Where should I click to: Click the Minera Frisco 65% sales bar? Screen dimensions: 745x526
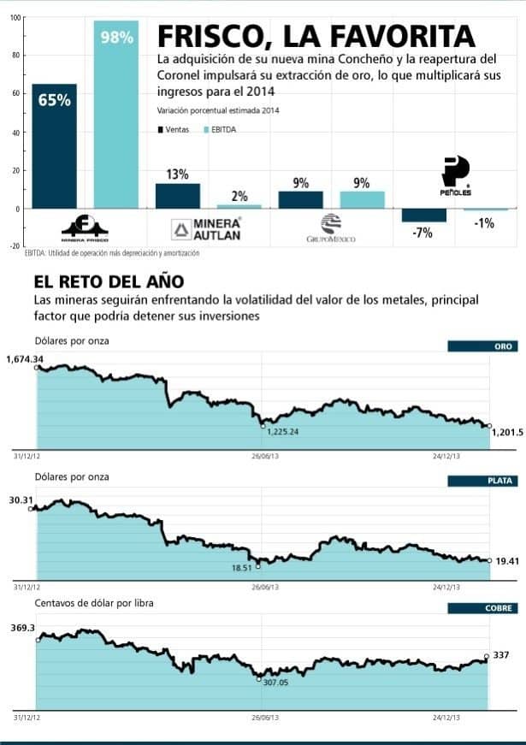pyautogui.click(x=54, y=145)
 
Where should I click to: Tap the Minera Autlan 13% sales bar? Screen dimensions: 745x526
pyautogui.click(x=177, y=196)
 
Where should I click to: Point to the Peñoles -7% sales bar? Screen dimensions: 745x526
pyautogui.click(x=423, y=216)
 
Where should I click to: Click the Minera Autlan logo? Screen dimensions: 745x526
pyautogui.click(x=206, y=228)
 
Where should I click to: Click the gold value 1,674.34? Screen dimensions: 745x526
pyautogui.click(x=24, y=358)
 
